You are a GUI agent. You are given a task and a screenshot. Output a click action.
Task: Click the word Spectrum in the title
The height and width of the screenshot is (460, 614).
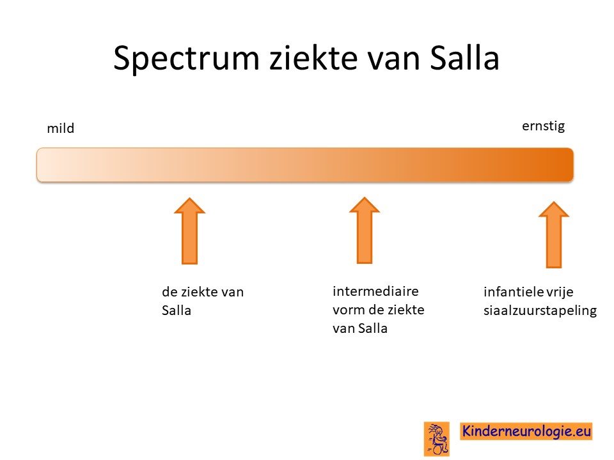(186, 59)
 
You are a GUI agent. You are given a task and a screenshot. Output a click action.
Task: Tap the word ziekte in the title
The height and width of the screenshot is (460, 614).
(313, 57)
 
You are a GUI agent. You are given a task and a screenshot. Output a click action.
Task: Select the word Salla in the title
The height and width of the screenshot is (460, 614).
(464, 57)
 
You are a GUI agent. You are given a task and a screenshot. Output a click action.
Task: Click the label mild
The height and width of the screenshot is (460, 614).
(61, 128)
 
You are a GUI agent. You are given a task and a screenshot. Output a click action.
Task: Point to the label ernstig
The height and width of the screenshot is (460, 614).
(544, 126)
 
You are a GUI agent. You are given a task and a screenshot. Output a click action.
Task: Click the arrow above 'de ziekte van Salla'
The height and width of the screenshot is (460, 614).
(190, 231)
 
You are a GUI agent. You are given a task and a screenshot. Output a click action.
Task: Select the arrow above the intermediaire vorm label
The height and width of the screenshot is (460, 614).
(365, 230)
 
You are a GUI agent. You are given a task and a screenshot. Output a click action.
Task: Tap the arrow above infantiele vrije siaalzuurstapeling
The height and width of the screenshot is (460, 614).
(554, 234)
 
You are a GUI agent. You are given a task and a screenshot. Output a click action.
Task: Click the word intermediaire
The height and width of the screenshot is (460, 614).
(375, 291)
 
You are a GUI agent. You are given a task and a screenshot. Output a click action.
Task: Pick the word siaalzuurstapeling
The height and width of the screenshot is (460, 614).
(540, 310)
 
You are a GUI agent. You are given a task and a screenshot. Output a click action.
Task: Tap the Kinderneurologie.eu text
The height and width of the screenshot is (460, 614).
(526, 431)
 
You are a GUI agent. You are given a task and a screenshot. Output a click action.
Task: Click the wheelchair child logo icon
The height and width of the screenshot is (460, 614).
(437, 438)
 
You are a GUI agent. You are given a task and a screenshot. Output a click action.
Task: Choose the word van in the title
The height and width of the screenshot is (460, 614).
(393, 61)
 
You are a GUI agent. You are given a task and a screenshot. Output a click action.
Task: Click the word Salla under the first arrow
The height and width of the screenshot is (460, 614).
(177, 310)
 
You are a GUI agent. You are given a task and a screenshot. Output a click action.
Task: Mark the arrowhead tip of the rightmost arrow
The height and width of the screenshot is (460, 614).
(554, 202)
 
